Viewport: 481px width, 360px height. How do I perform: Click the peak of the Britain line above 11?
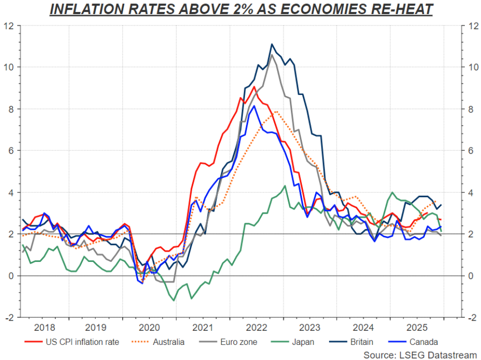[x=272, y=44]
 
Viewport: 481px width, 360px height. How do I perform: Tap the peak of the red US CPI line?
[x=254, y=87]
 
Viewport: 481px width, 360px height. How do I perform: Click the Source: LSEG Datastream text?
[x=420, y=355]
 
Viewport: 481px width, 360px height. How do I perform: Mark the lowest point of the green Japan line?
[x=174, y=301]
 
